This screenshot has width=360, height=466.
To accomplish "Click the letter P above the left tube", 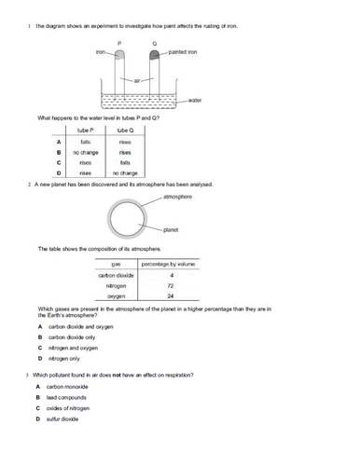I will click(x=118, y=43).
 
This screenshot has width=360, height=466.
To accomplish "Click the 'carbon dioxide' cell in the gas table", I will click(x=117, y=276).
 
